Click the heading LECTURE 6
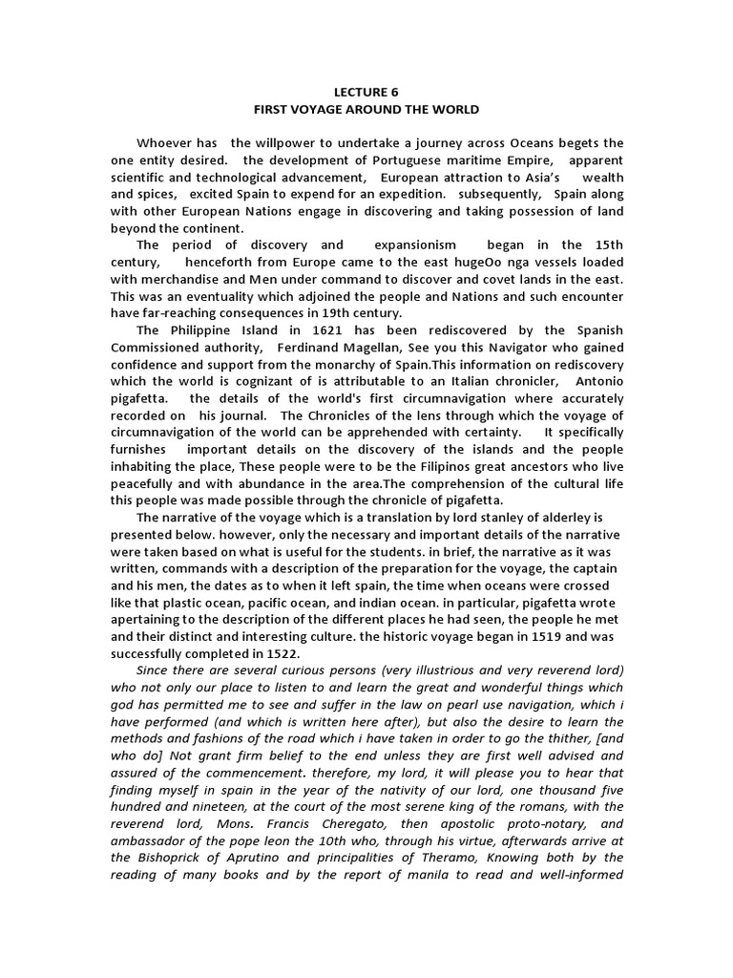click(366, 92)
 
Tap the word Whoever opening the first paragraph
click(165, 142)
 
